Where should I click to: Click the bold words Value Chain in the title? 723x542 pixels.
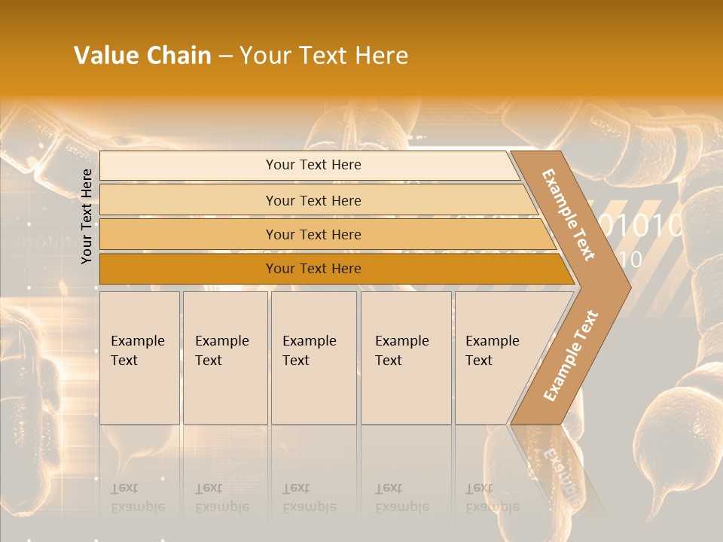tap(142, 56)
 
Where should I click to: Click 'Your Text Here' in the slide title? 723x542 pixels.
tap(324, 56)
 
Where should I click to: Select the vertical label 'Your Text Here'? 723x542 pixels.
tap(87, 216)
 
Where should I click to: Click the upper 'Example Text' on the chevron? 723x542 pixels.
tap(569, 215)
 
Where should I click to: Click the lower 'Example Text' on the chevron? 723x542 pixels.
tap(571, 355)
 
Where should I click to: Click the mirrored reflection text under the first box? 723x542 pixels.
tap(138, 498)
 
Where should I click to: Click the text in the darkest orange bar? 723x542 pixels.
tap(313, 269)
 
